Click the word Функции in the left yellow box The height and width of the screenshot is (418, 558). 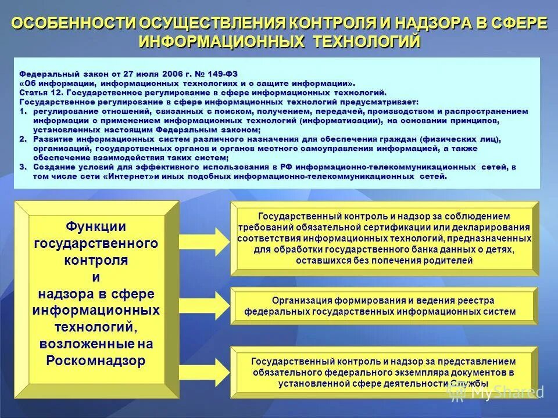pyautogui.click(x=96, y=226)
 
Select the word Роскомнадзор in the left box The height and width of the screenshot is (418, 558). pyautogui.click(x=96, y=361)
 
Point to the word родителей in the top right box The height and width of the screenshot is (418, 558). pyautogui.click(x=442, y=261)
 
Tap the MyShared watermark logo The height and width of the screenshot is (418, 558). pyautogui.click(x=494, y=392)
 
